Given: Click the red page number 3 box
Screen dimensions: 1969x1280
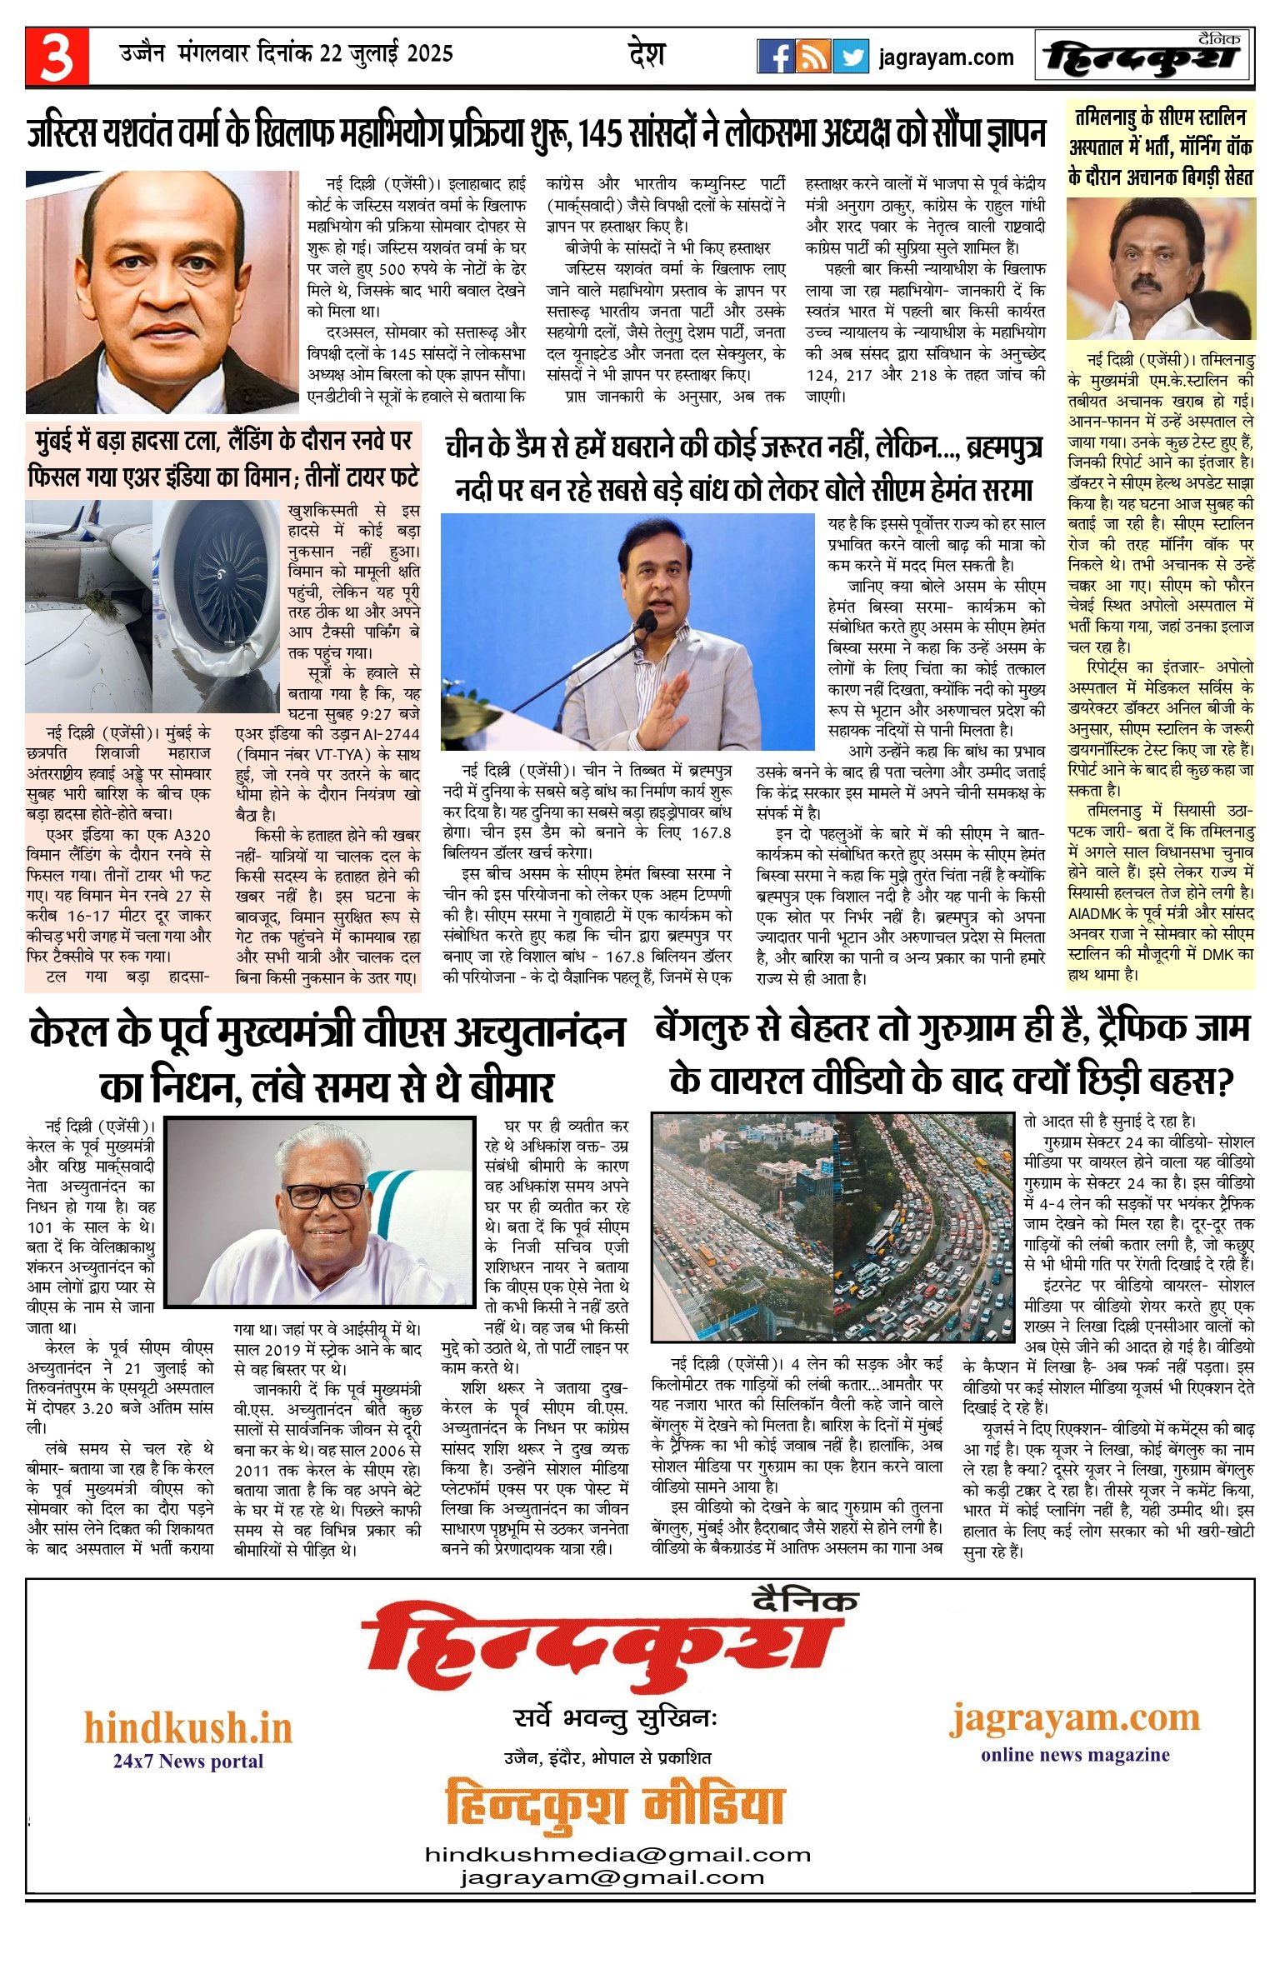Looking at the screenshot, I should point(57,57).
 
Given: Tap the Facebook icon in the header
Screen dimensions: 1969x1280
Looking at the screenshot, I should point(775,57).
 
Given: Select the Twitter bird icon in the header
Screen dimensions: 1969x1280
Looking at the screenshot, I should point(851,57).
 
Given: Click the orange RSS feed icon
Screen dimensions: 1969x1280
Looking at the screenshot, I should point(812,57).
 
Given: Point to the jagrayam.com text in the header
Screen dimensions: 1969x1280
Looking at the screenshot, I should point(946,57).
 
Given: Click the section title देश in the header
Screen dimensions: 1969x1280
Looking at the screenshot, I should point(647,55).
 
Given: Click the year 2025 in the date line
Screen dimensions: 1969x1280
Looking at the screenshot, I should point(430,54).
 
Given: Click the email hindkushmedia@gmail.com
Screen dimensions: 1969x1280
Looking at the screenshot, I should point(617,1854).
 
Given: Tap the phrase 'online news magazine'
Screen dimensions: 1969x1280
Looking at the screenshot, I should point(1075,1755).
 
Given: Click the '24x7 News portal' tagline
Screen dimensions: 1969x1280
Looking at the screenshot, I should point(188,1761).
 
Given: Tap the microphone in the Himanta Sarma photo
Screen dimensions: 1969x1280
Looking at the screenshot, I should point(645,620).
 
